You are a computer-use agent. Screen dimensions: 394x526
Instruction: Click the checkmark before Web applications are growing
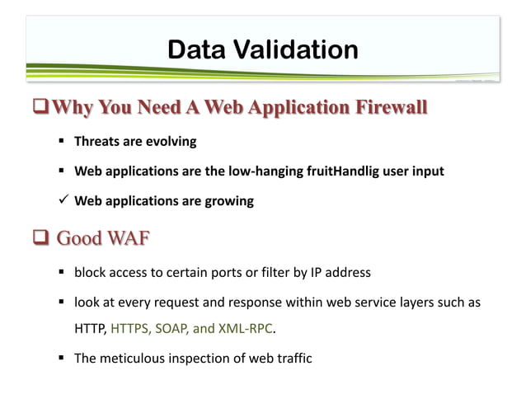[63, 201]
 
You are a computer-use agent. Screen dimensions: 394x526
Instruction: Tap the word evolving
[171, 141]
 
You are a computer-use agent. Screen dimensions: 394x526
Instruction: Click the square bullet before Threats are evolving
[63, 141]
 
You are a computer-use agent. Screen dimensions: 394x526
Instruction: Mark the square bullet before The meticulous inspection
[63, 359]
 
